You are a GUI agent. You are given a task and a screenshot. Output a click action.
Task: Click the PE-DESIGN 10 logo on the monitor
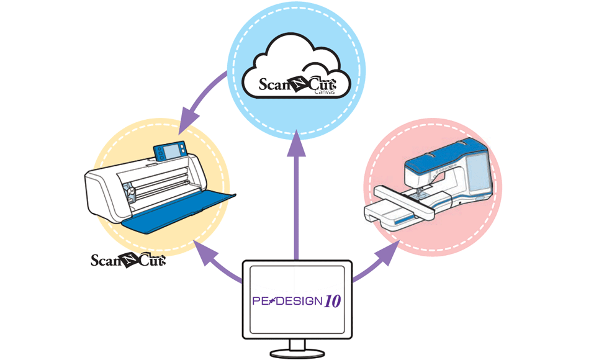pyautogui.click(x=296, y=302)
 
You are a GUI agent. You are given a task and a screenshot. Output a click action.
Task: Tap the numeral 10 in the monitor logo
pyautogui.click(x=332, y=302)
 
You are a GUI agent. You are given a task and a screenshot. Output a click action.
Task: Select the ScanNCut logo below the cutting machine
pyautogui.click(x=128, y=260)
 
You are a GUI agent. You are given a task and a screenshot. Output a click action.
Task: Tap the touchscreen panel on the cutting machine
pyautogui.click(x=169, y=151)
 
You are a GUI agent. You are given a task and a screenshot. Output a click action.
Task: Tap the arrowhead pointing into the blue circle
pyautogui.click(x=297, y=142)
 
